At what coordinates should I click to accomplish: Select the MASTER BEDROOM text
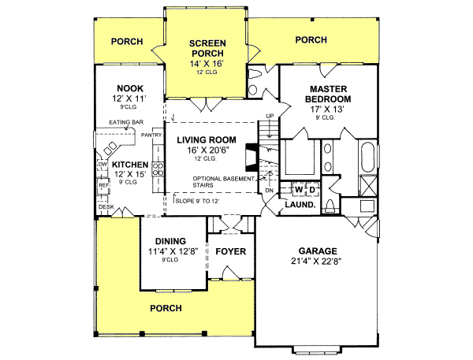(330, 94)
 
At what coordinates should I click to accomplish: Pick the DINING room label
(170, 241)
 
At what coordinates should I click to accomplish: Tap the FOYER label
(230, 252)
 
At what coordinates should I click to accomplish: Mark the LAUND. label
(300, 205)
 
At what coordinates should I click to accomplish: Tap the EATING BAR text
(125, 123)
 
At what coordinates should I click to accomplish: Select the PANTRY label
(151, 135)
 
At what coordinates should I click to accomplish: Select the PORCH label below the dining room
(166, 308)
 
